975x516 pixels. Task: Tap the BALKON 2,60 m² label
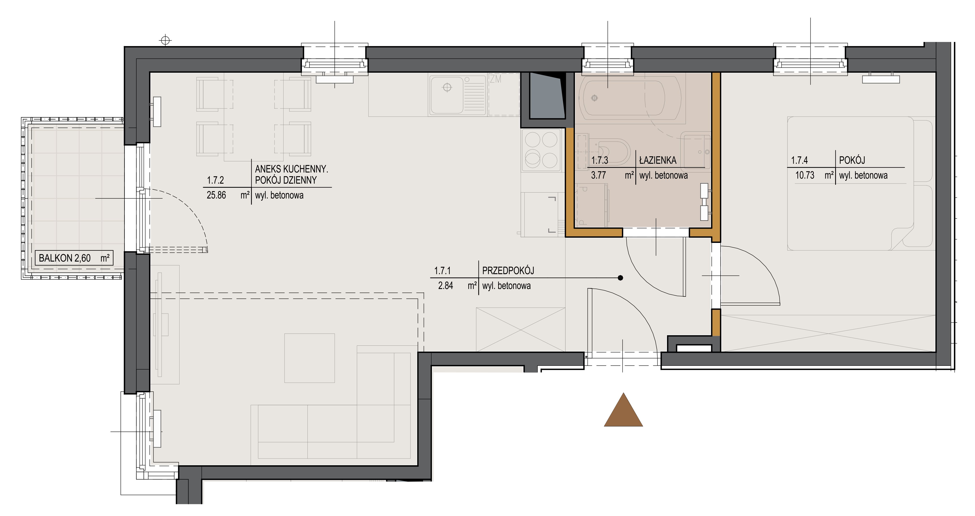click(74, 258)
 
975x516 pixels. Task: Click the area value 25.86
click(216, 195)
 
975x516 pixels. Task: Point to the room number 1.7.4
click(799, 160)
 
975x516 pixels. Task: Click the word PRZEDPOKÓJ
click(508, 271)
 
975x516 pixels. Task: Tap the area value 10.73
click(805, 175)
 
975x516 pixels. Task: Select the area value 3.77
click(598, 175)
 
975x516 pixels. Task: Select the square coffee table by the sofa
click(310, 358)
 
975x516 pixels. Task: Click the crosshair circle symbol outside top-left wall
click(165, 40)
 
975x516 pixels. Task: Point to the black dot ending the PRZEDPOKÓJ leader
click(620, 278)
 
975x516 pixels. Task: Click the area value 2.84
click(446, 286)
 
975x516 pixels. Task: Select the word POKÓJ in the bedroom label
click(852, 160)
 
